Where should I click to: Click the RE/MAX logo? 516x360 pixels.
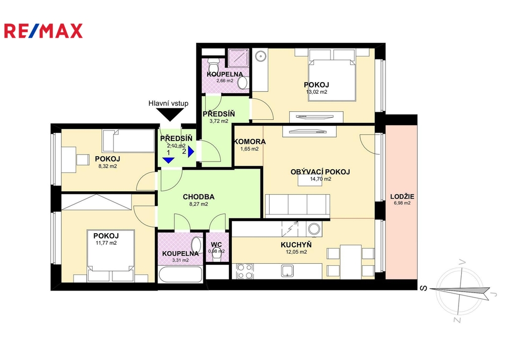[43, 31]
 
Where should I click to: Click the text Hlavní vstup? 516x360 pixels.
[168, 103]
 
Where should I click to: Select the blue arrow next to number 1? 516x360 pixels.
[168, 160]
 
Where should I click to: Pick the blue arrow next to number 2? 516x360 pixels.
[191, 152]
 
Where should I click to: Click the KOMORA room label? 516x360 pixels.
[249, 141]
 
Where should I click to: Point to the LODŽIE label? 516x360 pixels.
[402, 196]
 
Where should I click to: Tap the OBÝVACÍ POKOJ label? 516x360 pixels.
[320, 172]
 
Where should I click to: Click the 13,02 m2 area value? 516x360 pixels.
[316, 92]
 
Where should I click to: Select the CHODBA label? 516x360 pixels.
[199, 197]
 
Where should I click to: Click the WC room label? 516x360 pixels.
[216, 245]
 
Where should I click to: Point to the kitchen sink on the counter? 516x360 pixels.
[289, 271]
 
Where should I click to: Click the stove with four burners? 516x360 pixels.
[245, 271]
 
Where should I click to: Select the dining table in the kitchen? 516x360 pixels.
[351, 261]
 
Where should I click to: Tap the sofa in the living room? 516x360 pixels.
[297, 206]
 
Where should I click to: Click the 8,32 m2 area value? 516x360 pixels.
[108, 166]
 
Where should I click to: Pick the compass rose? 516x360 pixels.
[461, 291]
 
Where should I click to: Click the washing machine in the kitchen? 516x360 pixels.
[314, 229]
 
